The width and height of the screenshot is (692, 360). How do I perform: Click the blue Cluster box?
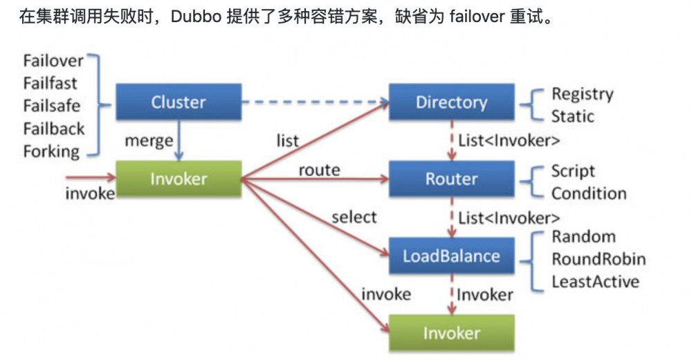[178, 102]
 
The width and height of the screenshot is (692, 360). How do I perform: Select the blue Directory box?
[451, 102]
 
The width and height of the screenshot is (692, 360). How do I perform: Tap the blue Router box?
[451, 179]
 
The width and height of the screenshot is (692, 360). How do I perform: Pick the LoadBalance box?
[451, 256]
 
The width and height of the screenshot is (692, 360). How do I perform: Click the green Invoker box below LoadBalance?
[451, 333]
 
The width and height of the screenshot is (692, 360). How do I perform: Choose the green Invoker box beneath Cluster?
[178, 179]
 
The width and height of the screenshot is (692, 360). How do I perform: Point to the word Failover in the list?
[53, 61]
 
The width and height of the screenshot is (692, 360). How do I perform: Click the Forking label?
[51, 152]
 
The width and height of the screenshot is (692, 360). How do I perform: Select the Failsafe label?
[51, 106]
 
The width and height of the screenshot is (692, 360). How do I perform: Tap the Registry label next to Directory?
[582, 93]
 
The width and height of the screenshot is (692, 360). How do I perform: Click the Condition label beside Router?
[588, 194]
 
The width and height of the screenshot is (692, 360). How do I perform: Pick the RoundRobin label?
[598, 259]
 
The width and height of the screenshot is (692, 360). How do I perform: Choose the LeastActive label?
[595, 281]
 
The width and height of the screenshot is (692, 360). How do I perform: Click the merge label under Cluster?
[148, 141]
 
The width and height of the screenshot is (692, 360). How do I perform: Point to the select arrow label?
[354, 217]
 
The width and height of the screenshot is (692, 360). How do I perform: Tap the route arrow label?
[319, 170]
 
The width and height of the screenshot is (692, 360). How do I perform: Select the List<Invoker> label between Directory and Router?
[509, 141]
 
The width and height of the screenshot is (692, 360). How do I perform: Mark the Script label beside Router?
[573, 171]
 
